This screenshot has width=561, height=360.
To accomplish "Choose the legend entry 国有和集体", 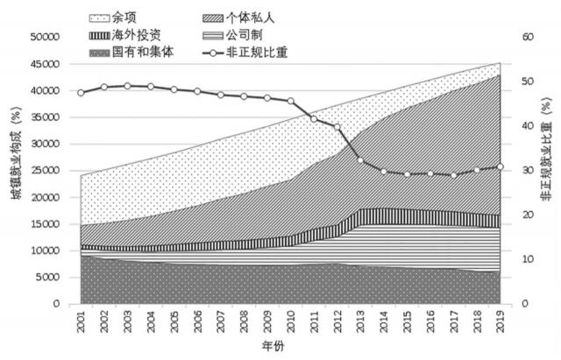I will click(138, 52).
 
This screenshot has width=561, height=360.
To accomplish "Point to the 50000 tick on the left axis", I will click(45, 37).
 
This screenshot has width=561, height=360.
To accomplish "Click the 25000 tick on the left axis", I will click(45, 171).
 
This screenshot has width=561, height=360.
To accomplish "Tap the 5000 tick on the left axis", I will click(47, 278).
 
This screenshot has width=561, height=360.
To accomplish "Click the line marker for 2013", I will click(360, 159).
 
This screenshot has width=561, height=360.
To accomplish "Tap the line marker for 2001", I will click(81, 93).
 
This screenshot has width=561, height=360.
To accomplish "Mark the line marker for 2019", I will click(500, 166).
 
